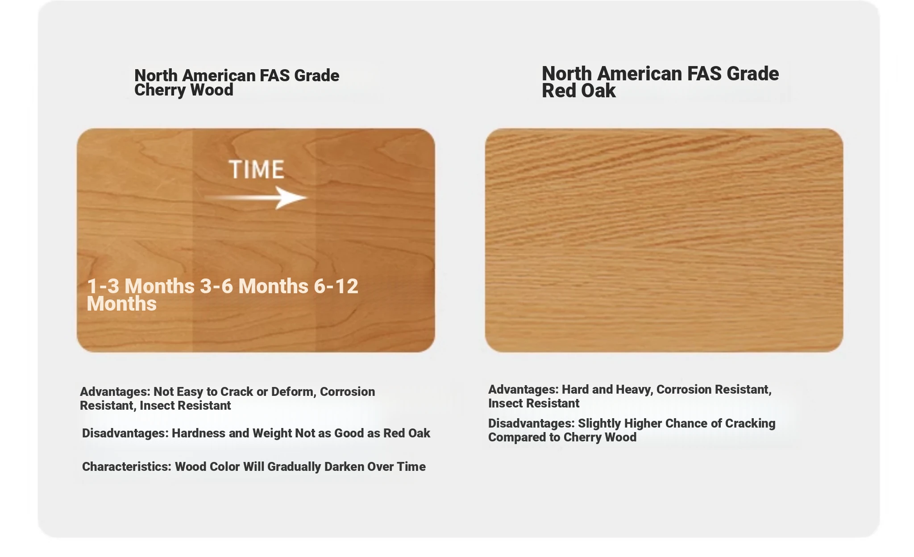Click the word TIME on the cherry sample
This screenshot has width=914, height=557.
[257, 170]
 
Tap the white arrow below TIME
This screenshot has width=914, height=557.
[256, 198]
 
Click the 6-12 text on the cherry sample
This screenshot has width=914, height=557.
[336, 286]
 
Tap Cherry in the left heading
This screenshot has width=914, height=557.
[158, 91]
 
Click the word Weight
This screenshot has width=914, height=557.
[272, 434]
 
